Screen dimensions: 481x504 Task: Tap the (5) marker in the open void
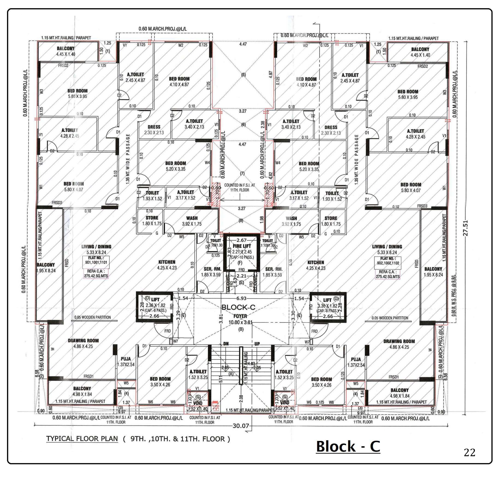point(243,75)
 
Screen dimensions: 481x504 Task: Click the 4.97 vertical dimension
point(270,75)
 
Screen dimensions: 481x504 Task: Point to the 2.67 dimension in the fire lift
point(241,240)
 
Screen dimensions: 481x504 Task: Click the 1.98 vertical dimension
point(262,219)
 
